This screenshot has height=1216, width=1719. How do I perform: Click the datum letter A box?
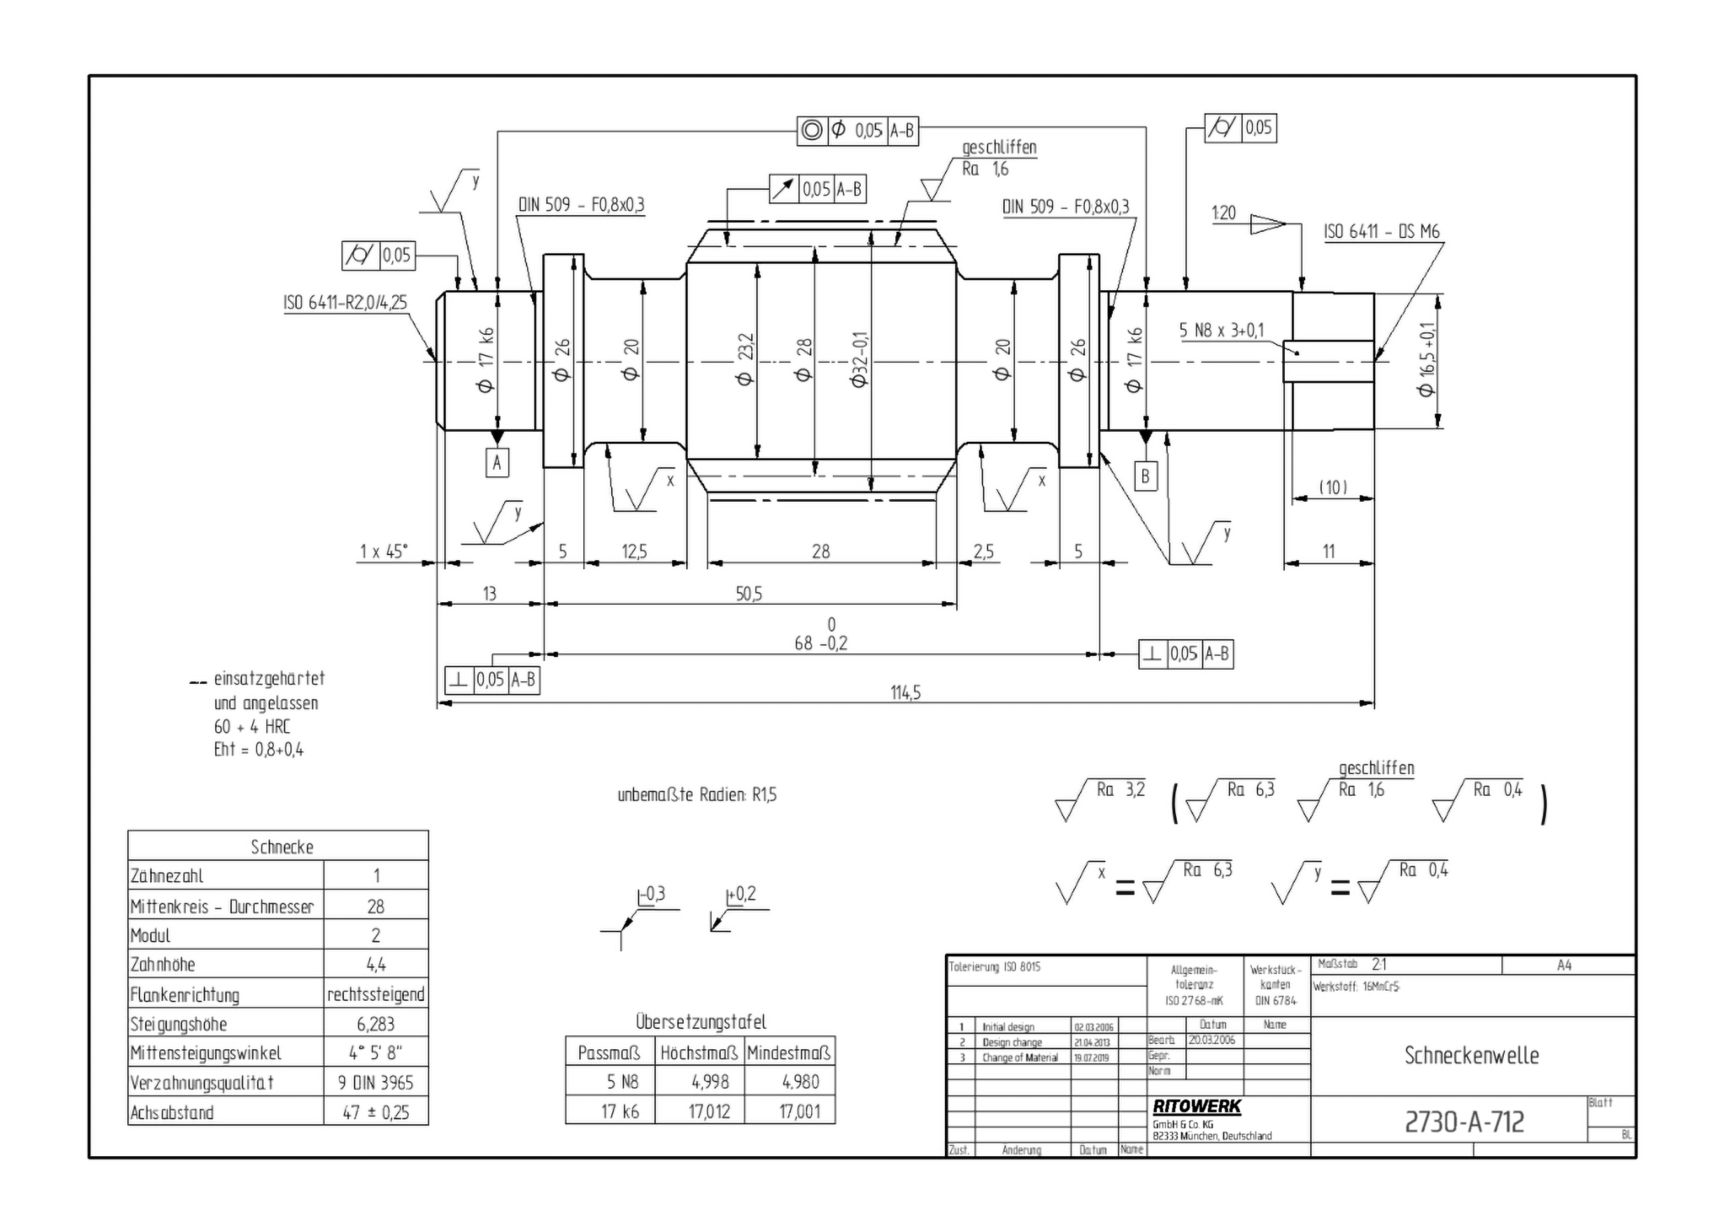point(497,463)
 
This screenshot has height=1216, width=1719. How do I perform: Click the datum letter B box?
point(1144,476)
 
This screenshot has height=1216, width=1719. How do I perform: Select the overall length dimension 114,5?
point(905,693)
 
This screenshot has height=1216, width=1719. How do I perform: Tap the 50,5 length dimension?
point(749,594)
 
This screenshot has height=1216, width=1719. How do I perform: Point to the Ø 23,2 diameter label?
point(745,360)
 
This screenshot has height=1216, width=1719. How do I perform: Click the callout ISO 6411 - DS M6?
point(1382,231)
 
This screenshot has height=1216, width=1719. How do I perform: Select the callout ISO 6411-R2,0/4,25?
point(345,302)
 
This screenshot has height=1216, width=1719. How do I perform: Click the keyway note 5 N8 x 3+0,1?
point(1221,330)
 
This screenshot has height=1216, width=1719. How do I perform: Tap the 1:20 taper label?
point(1224,213)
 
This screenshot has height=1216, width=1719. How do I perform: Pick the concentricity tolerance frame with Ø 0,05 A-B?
point(857,131)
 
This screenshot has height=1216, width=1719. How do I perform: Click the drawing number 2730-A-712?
point(1464,1122)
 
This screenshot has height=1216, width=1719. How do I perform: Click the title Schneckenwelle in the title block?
point(1471,1056)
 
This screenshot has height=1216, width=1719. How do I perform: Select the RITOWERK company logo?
point(1196,1106)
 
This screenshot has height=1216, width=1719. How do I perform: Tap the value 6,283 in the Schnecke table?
point(376,1024)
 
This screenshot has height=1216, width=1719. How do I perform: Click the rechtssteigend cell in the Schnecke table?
point(376,994)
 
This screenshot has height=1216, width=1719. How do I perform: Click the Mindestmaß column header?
point(789,1054)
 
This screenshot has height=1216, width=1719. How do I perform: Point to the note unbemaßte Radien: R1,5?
point(697,795)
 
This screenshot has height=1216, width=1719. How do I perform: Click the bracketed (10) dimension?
point(1333,488)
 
